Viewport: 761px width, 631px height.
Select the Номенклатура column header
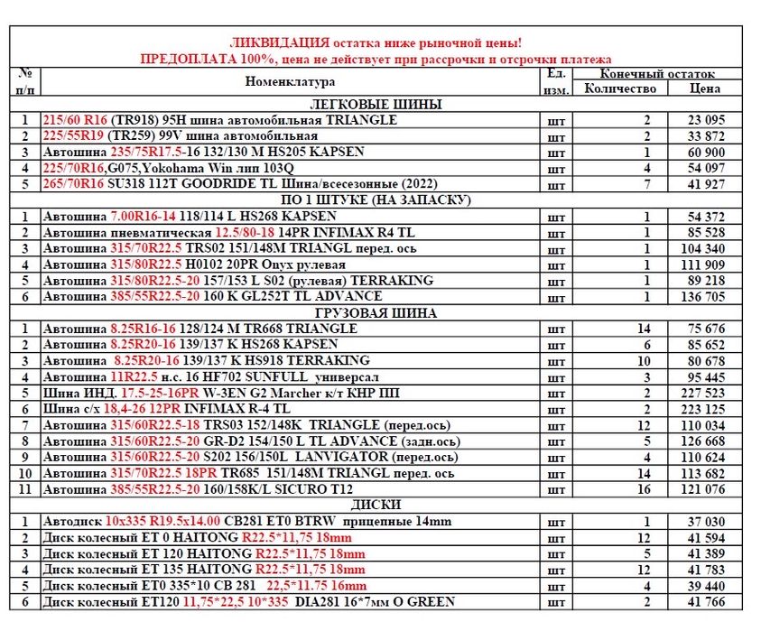point(290,82)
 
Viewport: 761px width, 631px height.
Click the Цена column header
point(704,88)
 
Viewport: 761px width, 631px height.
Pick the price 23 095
point(708,120)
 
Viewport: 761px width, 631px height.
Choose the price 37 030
point(708,522)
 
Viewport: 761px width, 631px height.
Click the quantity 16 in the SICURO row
point(646,489)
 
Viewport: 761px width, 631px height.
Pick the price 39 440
point(708,586)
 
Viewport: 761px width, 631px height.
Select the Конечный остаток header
point(657,73)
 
